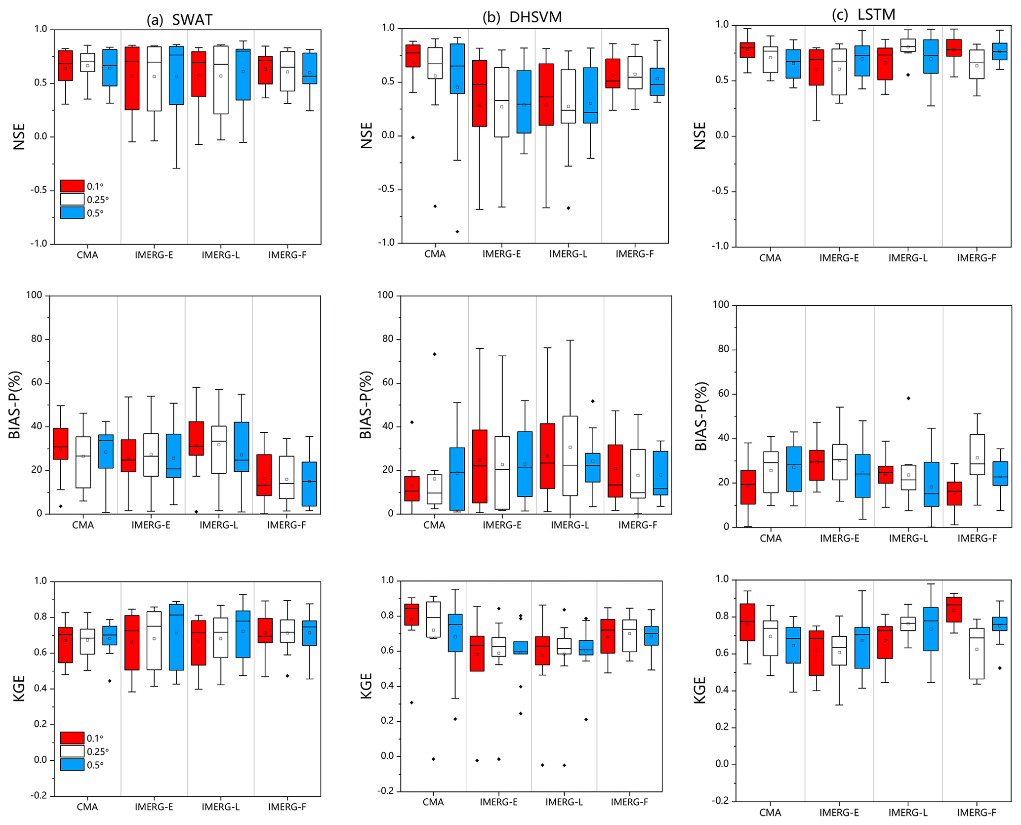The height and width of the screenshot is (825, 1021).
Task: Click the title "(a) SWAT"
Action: tap(179, 20)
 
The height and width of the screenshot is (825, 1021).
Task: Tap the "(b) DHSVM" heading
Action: tap(522, 17)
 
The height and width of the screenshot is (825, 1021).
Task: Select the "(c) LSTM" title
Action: tap(863, 15)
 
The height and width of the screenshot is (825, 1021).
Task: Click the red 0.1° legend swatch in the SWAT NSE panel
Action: tap(72, 186)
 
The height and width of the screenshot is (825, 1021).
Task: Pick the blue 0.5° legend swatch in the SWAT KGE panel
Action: tap(72, 765)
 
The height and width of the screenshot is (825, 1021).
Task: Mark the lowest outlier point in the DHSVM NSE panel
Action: tap(457, 232)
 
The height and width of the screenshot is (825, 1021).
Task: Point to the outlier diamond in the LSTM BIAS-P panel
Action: tap(908, 398)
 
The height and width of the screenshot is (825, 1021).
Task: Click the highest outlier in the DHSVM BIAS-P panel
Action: tap(435, 354)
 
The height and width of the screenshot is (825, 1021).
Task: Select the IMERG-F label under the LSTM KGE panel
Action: tap(977, 813)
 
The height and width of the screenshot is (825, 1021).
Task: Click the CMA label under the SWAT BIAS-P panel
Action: tap(83, 525)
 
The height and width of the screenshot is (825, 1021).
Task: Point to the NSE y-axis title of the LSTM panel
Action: tap(700, 135)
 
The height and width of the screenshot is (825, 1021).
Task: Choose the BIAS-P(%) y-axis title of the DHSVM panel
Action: tap(366, 405)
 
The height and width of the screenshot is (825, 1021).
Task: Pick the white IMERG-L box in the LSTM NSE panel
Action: tap(908, 45)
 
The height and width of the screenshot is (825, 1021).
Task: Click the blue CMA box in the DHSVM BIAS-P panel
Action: tap(457, 479)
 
